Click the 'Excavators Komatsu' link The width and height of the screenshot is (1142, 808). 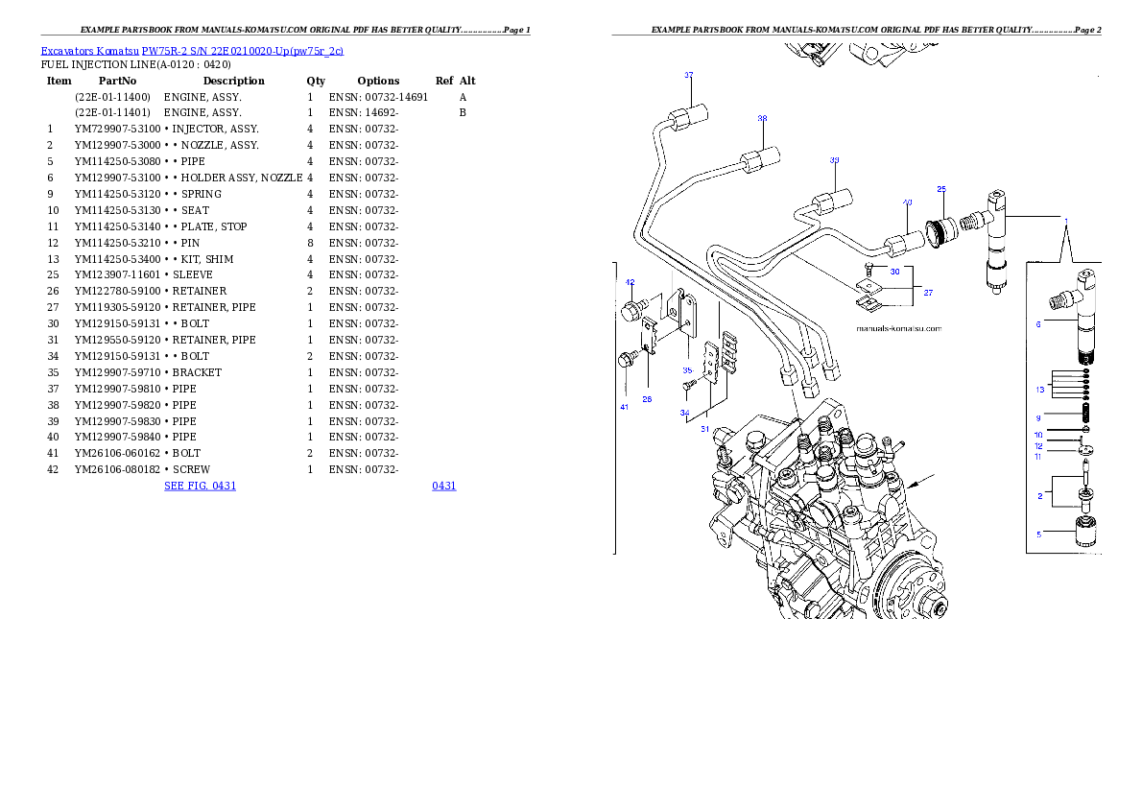89,51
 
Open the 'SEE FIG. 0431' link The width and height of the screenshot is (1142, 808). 201,486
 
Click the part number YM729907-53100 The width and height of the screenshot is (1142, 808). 117,129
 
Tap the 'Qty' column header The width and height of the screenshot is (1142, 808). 316,81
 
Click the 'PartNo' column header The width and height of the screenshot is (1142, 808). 117,81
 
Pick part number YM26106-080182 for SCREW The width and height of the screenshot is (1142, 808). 117,470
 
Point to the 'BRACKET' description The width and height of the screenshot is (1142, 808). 197,372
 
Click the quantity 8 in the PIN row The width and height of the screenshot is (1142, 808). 310,244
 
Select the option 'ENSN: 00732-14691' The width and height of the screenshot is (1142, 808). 378,97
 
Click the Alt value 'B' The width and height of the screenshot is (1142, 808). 463,113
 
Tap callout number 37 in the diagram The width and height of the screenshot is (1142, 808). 689,75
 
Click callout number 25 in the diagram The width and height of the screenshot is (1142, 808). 941,189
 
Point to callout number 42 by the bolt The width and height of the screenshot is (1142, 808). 630,282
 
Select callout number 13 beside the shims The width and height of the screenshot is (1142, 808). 1040,390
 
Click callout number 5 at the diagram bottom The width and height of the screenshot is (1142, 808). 1038,535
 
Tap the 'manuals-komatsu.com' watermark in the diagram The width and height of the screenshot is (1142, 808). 899,328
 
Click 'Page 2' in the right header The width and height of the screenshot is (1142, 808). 1087,30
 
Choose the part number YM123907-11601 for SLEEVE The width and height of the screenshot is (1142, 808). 117,275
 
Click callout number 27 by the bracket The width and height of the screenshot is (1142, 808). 928,293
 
